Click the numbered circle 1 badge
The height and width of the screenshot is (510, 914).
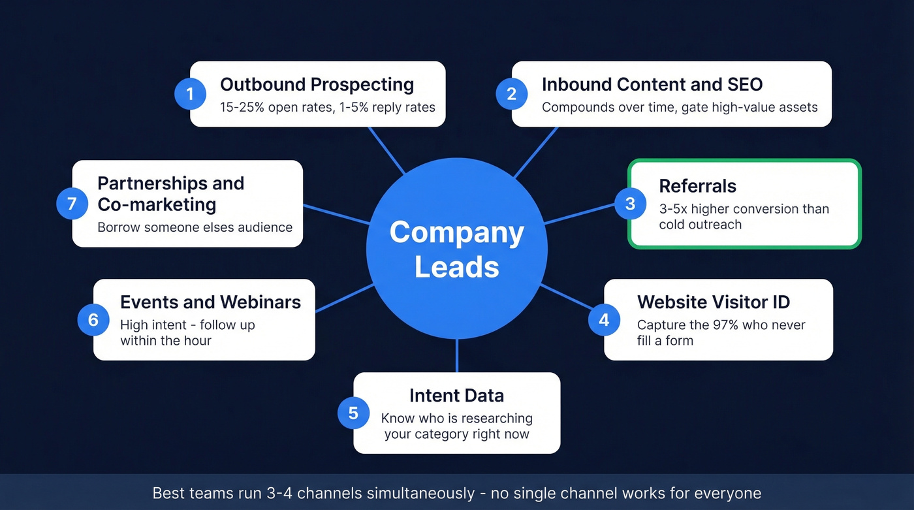coord(190,94)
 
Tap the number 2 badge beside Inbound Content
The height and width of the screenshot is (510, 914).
coord(512,94)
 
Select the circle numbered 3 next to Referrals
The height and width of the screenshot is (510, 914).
coord(630,204)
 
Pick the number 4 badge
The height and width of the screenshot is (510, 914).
coord(604,320)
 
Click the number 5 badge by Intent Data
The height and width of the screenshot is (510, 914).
coord(353,413)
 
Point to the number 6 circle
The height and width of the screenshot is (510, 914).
coord(93,320)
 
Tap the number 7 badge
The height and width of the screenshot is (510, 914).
coord(72,204)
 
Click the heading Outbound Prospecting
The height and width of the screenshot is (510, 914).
coord(317,85)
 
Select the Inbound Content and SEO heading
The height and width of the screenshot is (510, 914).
coord(652,85)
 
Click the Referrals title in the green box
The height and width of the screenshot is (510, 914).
coord(697,186)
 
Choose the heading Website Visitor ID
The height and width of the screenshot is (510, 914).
coord(713,302)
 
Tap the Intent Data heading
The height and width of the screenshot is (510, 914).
coord(456,396)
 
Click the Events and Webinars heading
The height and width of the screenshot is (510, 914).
coord(210,302)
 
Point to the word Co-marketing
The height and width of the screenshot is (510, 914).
coord(157,204)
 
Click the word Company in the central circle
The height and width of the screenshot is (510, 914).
coord(456,233)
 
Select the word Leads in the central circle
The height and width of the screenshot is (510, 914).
coord(456,267)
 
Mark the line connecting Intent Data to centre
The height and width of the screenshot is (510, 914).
coord(457,356)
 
